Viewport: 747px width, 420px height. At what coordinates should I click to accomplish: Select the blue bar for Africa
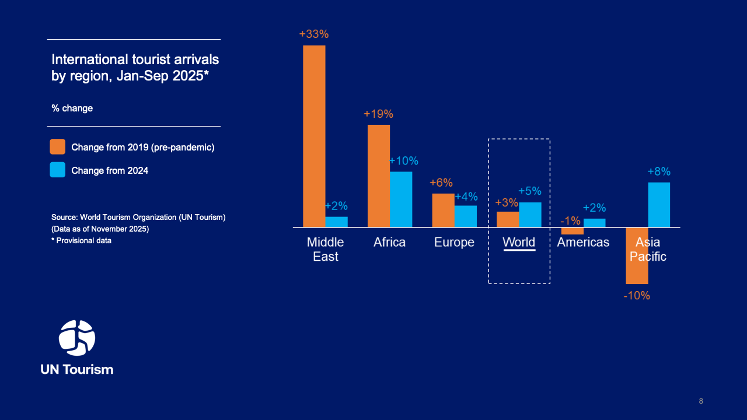(401, 199)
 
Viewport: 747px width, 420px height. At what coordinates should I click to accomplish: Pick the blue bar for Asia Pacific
(659, 204)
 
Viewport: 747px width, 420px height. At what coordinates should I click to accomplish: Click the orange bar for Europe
(443, 210)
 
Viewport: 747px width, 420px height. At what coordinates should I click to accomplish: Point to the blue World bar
(530, 215)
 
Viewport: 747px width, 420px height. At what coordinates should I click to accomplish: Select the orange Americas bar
(573, 230)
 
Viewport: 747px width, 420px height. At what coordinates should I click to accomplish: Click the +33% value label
(314, 34)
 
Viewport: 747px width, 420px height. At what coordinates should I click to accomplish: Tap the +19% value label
(378, 114)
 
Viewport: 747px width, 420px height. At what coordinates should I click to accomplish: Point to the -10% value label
(636, 296)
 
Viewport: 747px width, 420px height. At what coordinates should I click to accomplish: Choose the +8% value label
(659, 171)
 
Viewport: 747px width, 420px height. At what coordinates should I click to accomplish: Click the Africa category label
(389, 242)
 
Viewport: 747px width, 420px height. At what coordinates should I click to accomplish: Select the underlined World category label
(519, 242)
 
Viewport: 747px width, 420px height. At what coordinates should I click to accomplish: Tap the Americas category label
(583, 242)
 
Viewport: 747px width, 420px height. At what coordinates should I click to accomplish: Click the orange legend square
(58, 147)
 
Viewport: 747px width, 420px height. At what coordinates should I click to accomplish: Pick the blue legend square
(58, 170)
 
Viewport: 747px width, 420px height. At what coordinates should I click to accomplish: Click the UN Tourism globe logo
(77, 338)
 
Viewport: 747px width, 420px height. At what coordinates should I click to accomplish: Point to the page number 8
(701, 401)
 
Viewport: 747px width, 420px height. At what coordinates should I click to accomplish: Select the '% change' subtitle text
(72, 108)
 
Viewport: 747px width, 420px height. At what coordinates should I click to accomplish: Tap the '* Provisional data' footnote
(81, 240)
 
